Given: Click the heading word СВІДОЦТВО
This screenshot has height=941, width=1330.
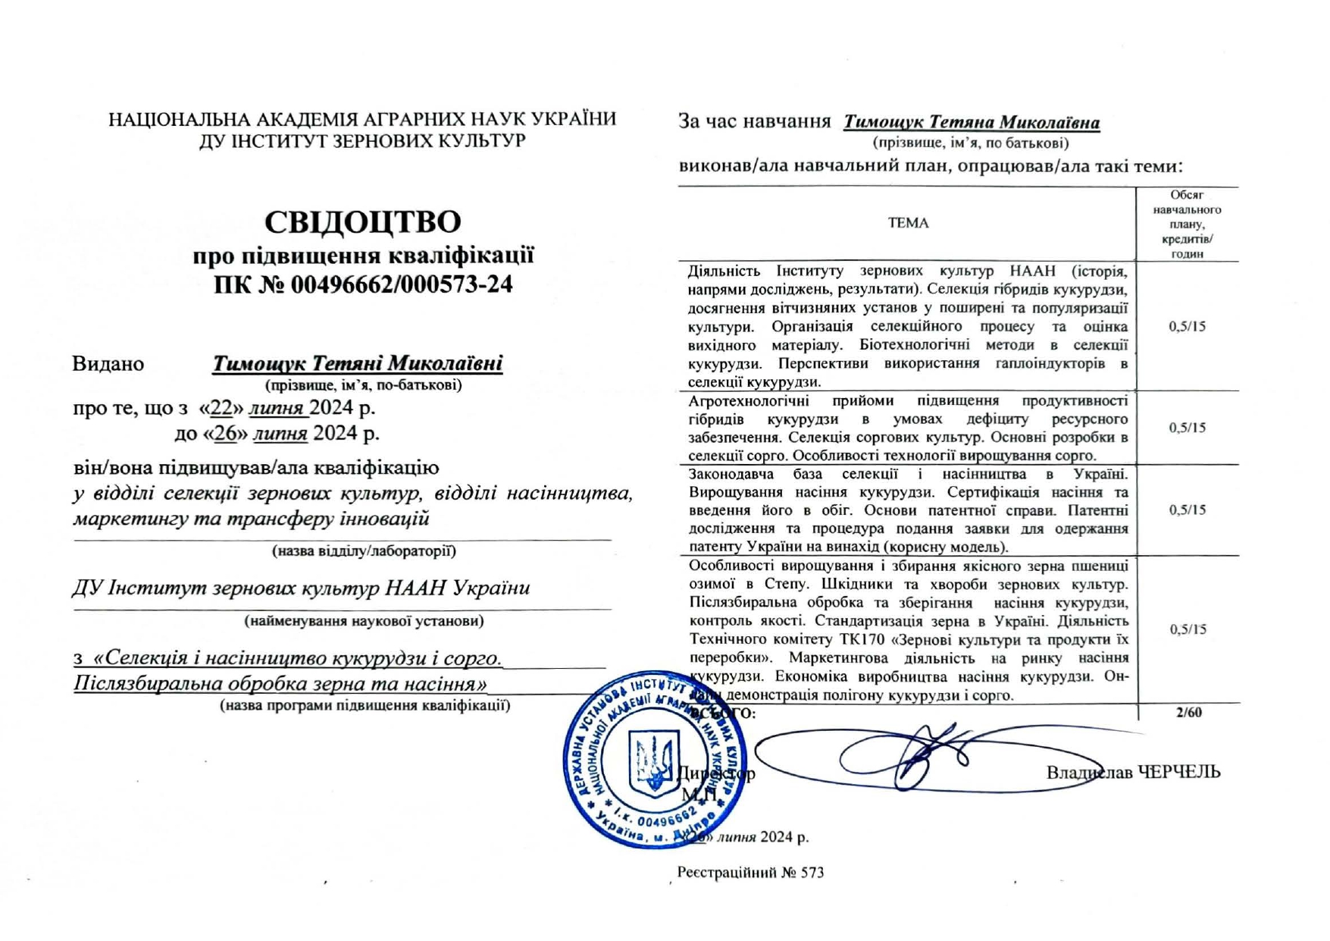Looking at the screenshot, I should point(362,222).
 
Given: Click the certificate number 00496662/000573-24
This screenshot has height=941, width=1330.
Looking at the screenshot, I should point(402,285).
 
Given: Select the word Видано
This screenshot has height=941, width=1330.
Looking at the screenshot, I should point(108,364).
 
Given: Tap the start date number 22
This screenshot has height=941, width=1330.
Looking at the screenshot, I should point(221,408).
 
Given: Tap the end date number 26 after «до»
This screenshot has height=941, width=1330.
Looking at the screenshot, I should point(226,434).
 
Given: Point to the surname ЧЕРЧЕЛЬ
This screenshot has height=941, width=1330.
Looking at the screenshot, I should point(1180,772).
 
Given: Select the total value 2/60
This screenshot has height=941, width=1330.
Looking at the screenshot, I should point(1188,712).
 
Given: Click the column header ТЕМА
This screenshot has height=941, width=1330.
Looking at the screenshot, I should point(908,223).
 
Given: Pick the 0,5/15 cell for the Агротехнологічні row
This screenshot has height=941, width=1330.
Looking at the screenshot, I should point(1187,428).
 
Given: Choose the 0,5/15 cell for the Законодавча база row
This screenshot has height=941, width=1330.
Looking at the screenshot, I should point(1187,510).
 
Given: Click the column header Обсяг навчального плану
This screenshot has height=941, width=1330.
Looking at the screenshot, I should point(1187,224).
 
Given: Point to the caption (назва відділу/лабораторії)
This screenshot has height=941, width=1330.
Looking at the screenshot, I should point(364,551).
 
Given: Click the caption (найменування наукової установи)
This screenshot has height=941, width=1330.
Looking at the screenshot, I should point(364,621).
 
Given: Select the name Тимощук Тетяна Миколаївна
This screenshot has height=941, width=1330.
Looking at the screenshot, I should point(972,122).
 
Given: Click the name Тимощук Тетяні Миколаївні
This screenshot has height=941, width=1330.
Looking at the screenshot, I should point(357,363).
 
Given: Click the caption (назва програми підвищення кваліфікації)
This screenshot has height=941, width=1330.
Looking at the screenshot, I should point(365,706).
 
